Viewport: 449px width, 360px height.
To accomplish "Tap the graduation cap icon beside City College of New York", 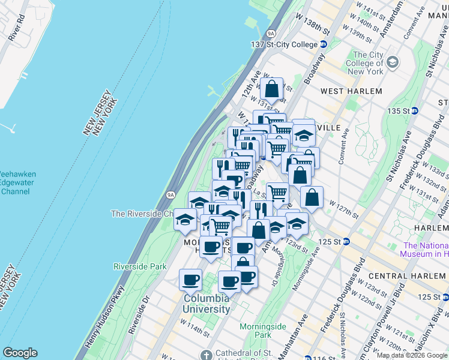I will click(x=393, y=62).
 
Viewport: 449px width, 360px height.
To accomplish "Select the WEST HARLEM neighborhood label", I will click(x=351, y=91).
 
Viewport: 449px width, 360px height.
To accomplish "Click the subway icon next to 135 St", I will click(x=423, y=111).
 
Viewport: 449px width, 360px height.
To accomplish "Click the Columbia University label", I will click(x=206, y=304).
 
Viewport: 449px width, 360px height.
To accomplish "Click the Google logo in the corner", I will click(x=20, y=353).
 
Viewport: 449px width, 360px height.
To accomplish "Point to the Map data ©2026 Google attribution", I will click(x=411, y=355).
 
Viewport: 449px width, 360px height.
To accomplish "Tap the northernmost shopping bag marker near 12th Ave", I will click(x=271, y=89).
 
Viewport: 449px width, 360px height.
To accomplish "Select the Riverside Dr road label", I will click(x=137, y=312).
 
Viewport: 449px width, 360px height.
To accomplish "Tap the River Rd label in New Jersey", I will click(x=16, y=28).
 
